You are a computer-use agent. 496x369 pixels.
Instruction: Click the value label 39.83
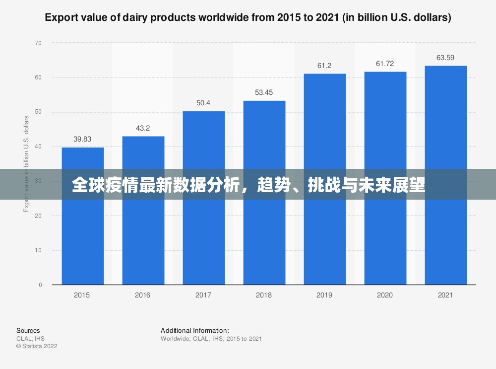tap(82, 139)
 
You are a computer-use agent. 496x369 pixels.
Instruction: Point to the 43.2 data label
tap(143, 128)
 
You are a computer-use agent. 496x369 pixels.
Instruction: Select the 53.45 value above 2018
tap(264, 92)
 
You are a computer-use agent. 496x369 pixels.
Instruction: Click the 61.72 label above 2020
tap(385, 64)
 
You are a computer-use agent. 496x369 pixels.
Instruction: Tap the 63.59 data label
tap(445, 58)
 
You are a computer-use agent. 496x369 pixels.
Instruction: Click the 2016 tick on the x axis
tap(142, 295)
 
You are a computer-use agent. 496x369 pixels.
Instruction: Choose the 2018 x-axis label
tap(264, 295)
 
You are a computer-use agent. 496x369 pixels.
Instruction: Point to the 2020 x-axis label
tap(385, 295)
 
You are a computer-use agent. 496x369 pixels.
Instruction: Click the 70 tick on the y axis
tap(39, 43)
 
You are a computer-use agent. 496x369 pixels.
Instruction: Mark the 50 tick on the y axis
tap(39, 112)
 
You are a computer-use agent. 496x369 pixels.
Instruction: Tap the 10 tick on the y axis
tap(39, 250)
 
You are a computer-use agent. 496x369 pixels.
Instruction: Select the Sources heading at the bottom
tap(28, 330)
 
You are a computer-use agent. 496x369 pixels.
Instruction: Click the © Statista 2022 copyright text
tap(37, 346)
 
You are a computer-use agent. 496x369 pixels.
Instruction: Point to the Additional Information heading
tap(195, 330)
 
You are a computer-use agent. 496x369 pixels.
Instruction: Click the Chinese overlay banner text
tap(248, 185)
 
